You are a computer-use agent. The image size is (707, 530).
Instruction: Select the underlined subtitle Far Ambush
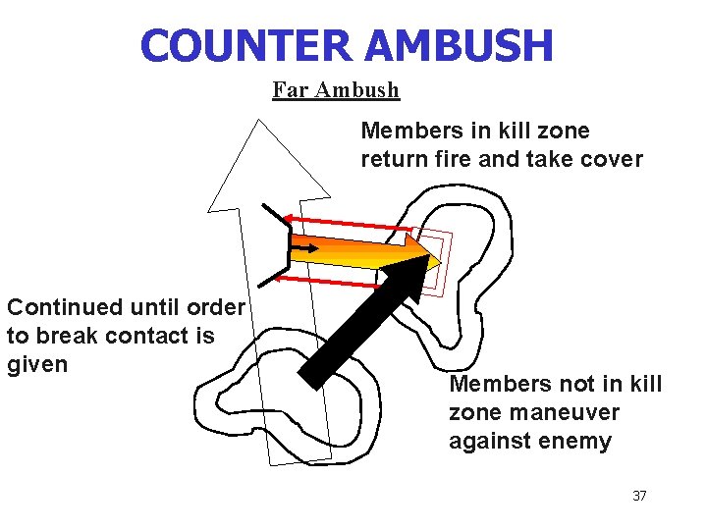pos(336,90)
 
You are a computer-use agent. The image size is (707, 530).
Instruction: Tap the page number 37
pos(639,496)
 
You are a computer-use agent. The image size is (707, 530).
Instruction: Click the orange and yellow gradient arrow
pos(363,249)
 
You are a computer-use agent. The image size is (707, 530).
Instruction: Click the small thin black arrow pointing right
pos(305,249)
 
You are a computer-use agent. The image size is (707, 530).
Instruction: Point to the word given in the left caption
pos(37,364)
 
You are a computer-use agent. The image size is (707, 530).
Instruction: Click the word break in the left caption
pos(65,336)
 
